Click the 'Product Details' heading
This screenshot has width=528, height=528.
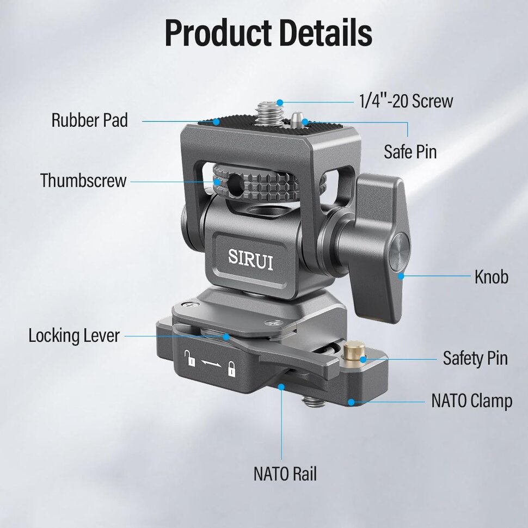(x=268, y=33)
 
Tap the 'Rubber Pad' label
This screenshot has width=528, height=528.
(x=90, y=120)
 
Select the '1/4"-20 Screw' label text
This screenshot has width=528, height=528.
(x=406, y=101)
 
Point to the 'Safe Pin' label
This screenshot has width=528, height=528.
(x=410, y=151)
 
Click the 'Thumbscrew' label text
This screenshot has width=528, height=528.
(x=83, y=180)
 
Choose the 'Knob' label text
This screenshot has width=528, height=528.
(x=492, y=277)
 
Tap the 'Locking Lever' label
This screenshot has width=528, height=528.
(x=73, y=336)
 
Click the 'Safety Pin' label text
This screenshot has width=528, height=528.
(x=475, y=358)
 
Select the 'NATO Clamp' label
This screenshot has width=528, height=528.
(x=472, y=401)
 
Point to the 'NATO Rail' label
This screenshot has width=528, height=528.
(x=285, y=474)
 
